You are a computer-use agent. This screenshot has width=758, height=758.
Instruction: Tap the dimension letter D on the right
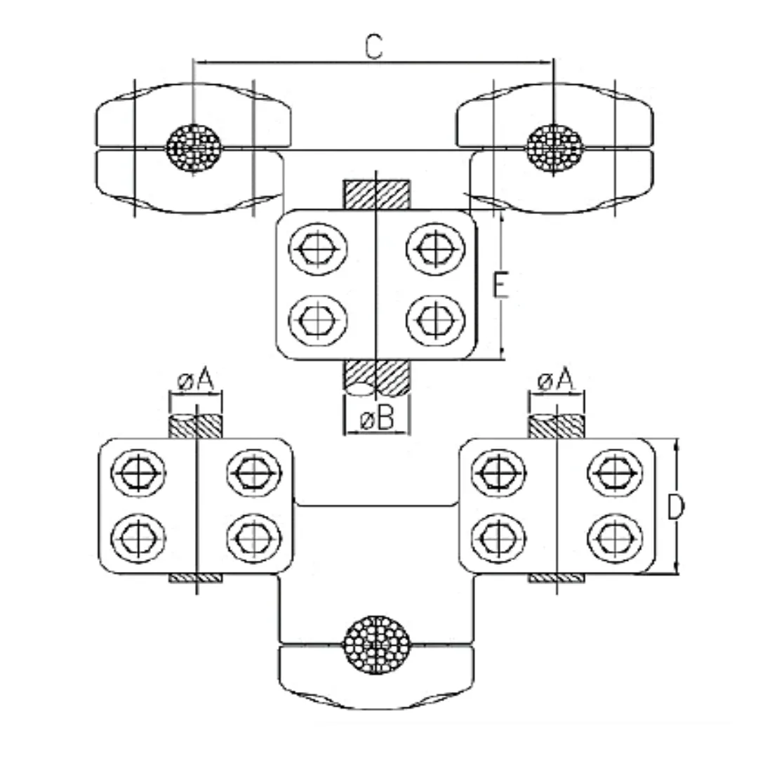click(x=675, y=507)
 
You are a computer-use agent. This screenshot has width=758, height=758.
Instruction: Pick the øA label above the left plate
click(x=196, y=380)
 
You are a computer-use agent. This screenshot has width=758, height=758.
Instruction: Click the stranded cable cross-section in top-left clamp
click(x=194, y=148)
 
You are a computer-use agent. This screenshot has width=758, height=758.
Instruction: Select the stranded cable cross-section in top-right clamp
click(x=554, y=148)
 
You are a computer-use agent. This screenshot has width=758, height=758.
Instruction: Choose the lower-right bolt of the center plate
click(x=435, y=321)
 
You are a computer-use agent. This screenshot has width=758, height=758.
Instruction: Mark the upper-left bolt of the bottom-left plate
click(x=138, y=472)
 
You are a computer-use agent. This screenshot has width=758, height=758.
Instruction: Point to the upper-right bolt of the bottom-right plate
click(x=615, y=472)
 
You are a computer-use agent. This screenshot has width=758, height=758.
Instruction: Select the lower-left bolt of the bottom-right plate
click(x=499, y=538)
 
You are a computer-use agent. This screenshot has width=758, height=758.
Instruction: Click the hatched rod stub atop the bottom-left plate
click(x=196, y=427)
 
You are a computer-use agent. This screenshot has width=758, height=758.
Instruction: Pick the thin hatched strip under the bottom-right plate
click(x=556, y=578)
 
